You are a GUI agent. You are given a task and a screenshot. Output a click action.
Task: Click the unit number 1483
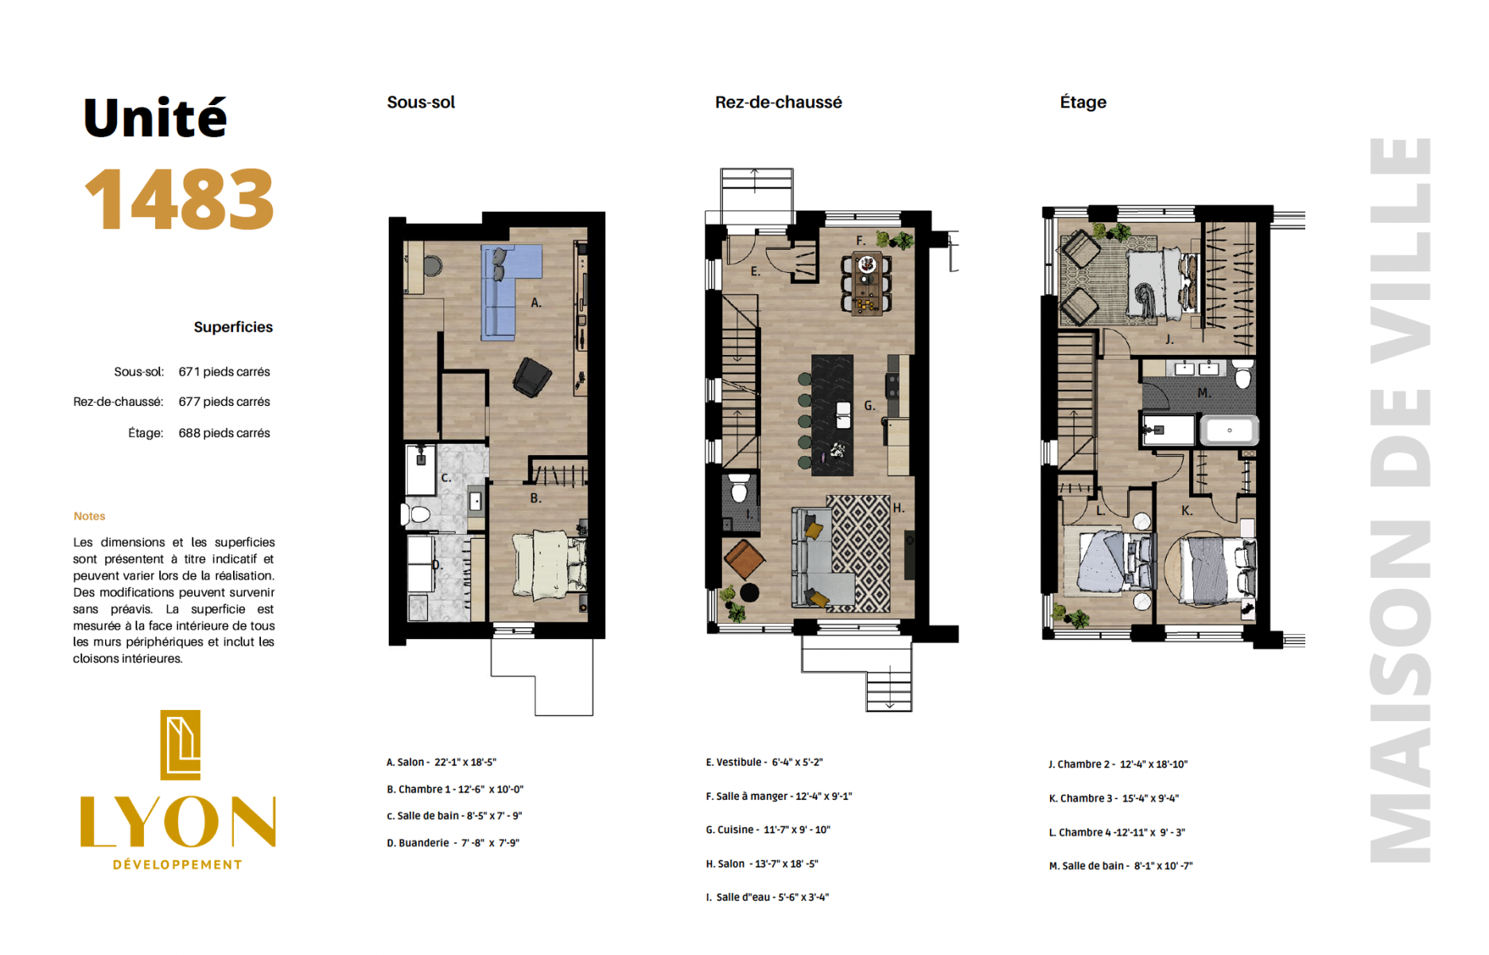pyautogui.click(x=179, y=199)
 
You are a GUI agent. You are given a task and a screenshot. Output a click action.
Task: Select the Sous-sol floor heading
pyautogui.click(x=421, y=102)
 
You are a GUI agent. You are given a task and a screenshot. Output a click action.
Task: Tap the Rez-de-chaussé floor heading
pyautogui.click(x=778, y=102)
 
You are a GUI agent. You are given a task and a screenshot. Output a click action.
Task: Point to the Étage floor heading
pyautogui.click(x=1083, y=102)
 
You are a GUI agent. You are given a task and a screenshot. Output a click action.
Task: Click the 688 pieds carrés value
pyautogui.click(x=224, y=433)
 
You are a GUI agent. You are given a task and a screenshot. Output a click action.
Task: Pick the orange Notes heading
pyautogui.click(x=89, y=516)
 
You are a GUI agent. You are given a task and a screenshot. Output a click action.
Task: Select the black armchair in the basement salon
pyautogui.click(x=532, y=377)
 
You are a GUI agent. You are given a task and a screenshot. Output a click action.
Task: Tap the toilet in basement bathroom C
pyautogui.click(x=418, y=514)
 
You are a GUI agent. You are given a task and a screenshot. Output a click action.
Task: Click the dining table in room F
pyautogui.click(x=866, y=283)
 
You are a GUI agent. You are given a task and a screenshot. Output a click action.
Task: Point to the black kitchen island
pyautogui.click(x=832, y=415)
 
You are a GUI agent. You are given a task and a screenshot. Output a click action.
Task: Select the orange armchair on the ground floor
pyautogui.click(x=744, y=559)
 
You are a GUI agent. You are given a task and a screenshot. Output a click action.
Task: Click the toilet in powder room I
pyautogui.click(x=740, y=489)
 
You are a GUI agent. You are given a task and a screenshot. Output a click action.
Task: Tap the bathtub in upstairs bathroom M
pyautogui.click(x=1229, y=431)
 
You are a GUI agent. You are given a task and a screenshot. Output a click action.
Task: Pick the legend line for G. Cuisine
pyautogui.click(x=768, y=829)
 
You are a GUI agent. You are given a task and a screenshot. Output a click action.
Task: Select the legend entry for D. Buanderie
pyautogui.click(x=453, y=843)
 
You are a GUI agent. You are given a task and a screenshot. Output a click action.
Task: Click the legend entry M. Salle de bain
pyautogui.click(x=1121, y=866)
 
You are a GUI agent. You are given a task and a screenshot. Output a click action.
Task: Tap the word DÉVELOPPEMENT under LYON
pyautogui.click(x=177, y=864)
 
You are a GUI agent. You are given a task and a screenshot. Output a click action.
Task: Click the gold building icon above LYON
pyautogui.click(x=181, y=745)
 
